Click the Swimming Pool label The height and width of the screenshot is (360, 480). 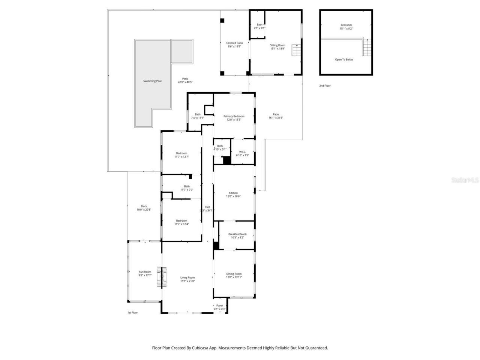coord(152,81)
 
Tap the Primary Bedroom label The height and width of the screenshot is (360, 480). coord(234,116)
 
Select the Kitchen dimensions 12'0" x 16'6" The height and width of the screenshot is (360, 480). coord(233,196)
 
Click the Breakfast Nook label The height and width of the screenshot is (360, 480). coord(237,234)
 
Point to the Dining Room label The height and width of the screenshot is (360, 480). coord(234,274)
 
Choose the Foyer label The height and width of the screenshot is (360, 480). coord(219,306)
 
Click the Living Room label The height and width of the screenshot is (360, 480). coord(187,277)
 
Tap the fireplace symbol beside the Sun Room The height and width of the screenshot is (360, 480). coord(162,277)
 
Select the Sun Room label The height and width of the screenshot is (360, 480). coord(145,272)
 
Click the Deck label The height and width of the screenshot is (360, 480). coord(144,206)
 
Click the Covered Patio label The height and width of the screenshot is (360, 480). coord(234,43)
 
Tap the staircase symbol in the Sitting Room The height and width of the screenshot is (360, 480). coord(297,50)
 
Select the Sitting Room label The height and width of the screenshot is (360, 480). coord(277,45)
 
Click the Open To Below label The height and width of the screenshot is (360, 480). coord(344,60)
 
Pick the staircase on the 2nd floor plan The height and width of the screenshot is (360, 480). coord(367,46)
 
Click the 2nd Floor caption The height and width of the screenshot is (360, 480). coord(325,86)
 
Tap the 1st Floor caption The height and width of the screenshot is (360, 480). coord(132,312)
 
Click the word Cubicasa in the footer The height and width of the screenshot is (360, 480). coord(201,348)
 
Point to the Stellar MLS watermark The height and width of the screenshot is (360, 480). coord(465,180)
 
